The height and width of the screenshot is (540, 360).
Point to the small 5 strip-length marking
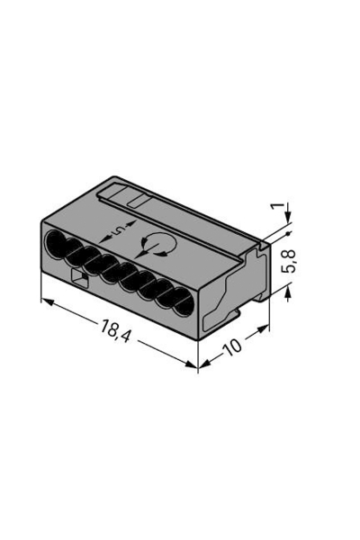tap(120, 229)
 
